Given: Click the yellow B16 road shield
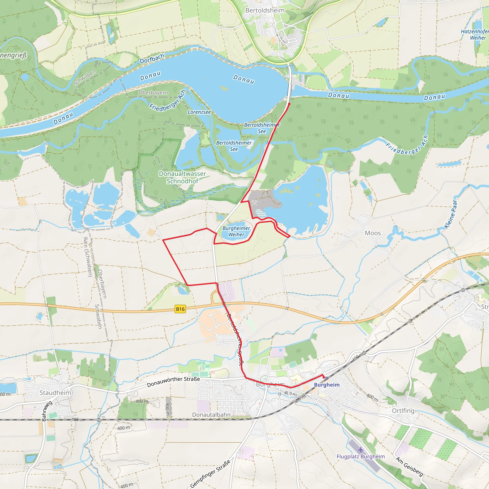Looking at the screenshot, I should tap(180, 309).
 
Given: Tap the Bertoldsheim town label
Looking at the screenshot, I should tap(265, 10).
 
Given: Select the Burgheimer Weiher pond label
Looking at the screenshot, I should tap(236, 231).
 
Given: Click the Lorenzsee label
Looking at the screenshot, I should tap(199, 112).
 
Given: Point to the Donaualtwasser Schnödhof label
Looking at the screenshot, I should tap(182, 177).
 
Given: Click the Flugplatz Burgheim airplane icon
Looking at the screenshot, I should tap(361, 450).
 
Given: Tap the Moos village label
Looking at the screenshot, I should tap(372, 233).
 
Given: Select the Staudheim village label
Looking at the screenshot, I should tap(55, 393).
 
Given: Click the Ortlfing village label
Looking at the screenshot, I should tap(403, 410).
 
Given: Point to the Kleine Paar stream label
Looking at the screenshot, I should tap(451, 214).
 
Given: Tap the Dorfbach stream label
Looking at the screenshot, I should tap(152, 59).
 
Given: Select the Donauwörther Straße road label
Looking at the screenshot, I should tap(173, 382).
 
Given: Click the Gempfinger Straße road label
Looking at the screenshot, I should tap(210, 474).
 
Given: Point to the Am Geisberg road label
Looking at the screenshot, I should tap(409, 467).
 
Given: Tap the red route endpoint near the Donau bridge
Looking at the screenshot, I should tap(289, 104).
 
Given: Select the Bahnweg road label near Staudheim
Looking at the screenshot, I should tap(47, 411).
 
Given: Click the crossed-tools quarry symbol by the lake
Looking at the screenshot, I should tap(254, 202).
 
